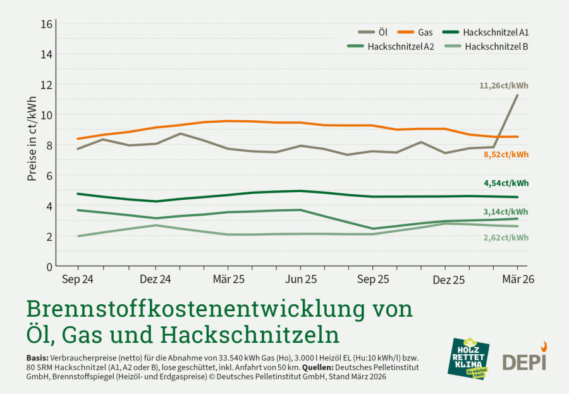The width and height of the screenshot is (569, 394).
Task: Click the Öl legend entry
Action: click(x=372, y=32)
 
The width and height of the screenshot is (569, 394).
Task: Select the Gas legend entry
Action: click(x=415, y=32)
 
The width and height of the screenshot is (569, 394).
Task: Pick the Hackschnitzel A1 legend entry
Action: click(x=486, y=32)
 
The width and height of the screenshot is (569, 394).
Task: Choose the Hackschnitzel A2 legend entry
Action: click(x=391, y=46)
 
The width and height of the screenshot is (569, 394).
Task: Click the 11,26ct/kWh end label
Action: click(x=504, y=86)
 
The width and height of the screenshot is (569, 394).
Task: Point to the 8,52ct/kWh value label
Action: click(x=506, y=155)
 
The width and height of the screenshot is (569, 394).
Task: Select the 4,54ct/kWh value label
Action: click(x=506, y=183)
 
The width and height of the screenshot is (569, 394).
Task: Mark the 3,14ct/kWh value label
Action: click(x=506, y=212)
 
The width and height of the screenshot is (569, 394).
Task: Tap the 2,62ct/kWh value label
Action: click(x=506, y=238)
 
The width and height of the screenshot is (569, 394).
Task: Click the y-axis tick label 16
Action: click(x=47, y=24)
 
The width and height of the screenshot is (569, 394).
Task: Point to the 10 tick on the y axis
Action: click(x=47, y=115)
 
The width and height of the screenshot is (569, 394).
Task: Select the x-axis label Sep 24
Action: click(x=78, y=280)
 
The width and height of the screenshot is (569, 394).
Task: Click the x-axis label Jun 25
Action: click(x=301, y=280)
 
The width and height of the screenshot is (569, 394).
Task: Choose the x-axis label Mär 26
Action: click(x=518, y=279)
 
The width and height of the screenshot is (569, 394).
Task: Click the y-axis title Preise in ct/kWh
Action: click(x=32, y=139)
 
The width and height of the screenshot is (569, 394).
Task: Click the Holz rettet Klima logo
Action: click(x=468, y=359)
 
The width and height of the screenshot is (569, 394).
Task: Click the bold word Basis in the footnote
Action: click(x=37, y=357)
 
